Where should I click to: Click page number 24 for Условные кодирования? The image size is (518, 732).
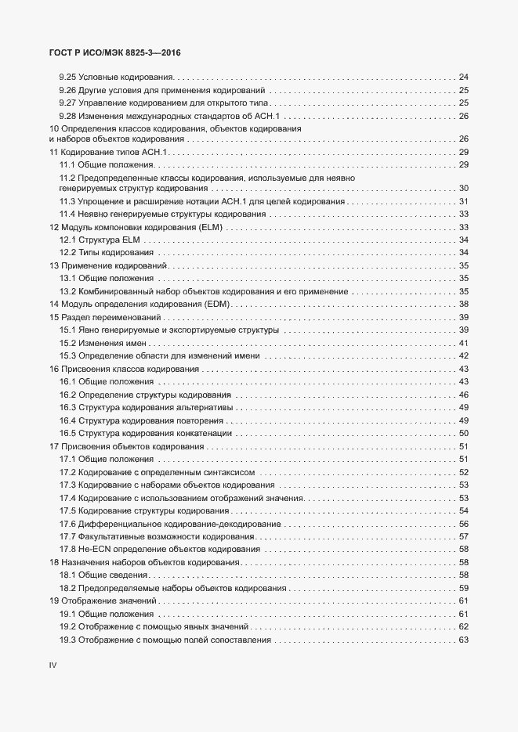click(x=463, y=78)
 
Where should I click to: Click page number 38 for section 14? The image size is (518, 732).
click(x=463, y=304)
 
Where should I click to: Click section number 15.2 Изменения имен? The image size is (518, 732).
click(x=67, y=343)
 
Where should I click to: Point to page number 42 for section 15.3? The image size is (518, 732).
click(x=463, y=355)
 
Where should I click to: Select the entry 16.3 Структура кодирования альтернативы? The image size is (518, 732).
click(x=147, y=407)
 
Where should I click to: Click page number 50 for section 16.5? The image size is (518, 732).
click(x=463, y=433)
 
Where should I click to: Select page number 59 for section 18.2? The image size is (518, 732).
click(x=463, y=588)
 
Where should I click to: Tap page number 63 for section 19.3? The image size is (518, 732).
click(x=463, y=640)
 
